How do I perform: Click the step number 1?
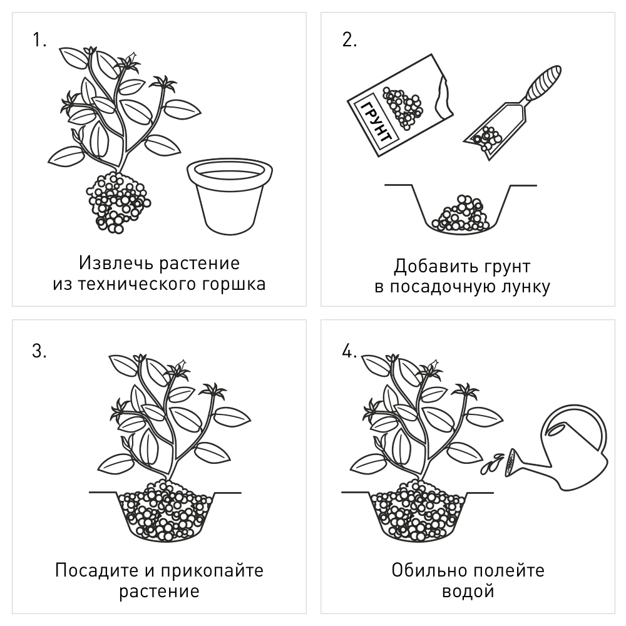pos(39,41)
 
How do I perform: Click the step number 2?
pos(349,41)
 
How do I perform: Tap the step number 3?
pos(39,351)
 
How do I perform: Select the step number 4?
pos(349,351)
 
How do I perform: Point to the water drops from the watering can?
pos(492,463)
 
